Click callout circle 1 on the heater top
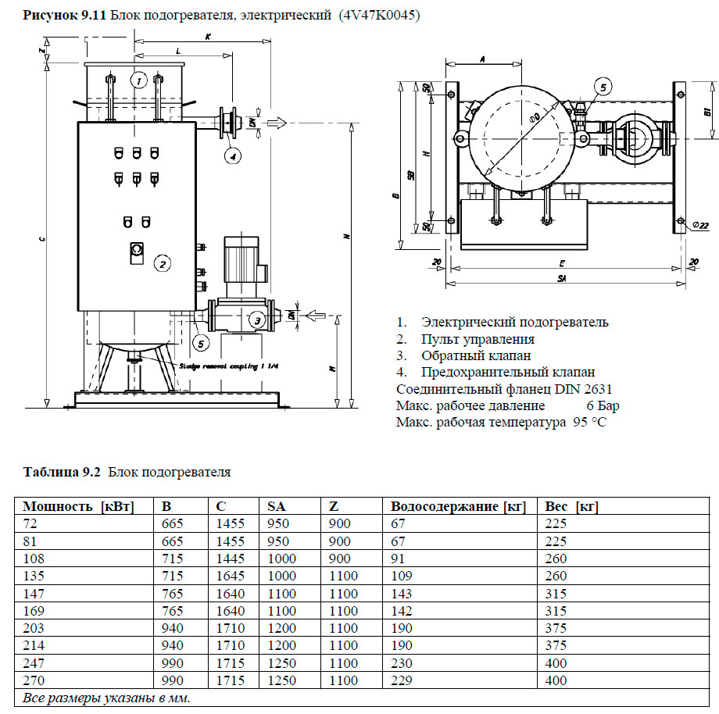coord(138,80)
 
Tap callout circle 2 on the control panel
coord(161,263)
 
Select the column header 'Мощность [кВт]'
coord(78,506)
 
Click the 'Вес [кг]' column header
coord(571,506)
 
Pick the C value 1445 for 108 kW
coord(231,559)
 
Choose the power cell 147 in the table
coord(36,594)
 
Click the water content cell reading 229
coord(402,680)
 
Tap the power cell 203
coord(36,628)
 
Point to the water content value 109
coord(402,576)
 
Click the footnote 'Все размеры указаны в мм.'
coord(106,698)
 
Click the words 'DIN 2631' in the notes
coord(585,389)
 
